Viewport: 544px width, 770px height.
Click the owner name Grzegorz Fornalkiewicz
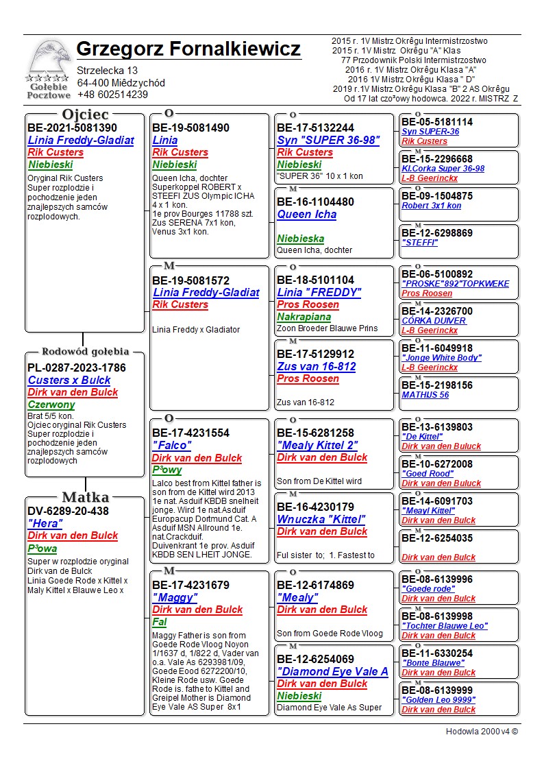click(188, 49)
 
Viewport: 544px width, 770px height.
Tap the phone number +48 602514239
click(112, 95)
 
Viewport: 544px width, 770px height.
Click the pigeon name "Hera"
click(45, 523)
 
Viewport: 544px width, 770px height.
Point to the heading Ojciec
click(85, 115)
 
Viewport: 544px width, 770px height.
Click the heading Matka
click(85, 497)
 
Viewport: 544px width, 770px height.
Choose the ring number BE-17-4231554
click(190, 433)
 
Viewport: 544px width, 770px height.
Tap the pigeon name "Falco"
click(171, 446)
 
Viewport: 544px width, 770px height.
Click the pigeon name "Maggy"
click(175, 597)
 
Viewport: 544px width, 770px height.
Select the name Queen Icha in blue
click(306, 215)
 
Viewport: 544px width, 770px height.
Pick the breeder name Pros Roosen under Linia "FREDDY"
click(308, 304)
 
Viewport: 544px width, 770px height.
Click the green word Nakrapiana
click(304, 317)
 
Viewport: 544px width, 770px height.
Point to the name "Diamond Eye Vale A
click(332, 671)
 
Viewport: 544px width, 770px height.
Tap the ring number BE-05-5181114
click(436, 122)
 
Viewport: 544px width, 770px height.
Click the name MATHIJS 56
click(425, 395)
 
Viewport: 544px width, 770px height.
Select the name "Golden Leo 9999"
click(438, 700)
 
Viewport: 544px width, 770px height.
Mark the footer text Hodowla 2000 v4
click(482, 732)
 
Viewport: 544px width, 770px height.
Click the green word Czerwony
click(51, 405)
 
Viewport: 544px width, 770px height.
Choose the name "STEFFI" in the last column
click(419, 243)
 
